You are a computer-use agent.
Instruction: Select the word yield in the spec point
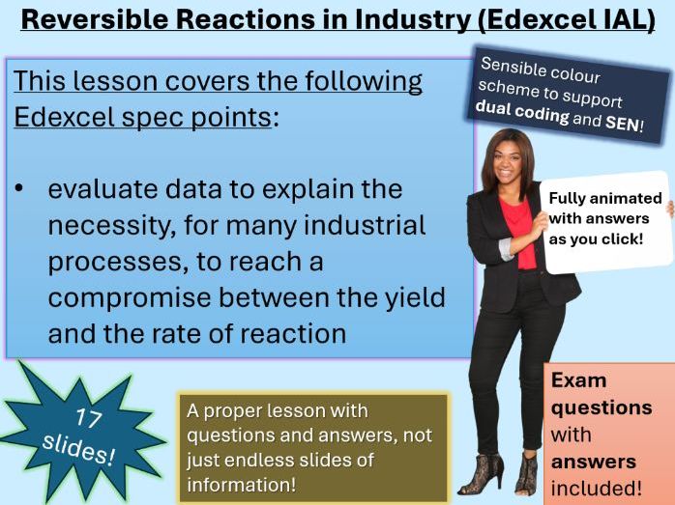411,297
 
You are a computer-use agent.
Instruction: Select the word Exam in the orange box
578,380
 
